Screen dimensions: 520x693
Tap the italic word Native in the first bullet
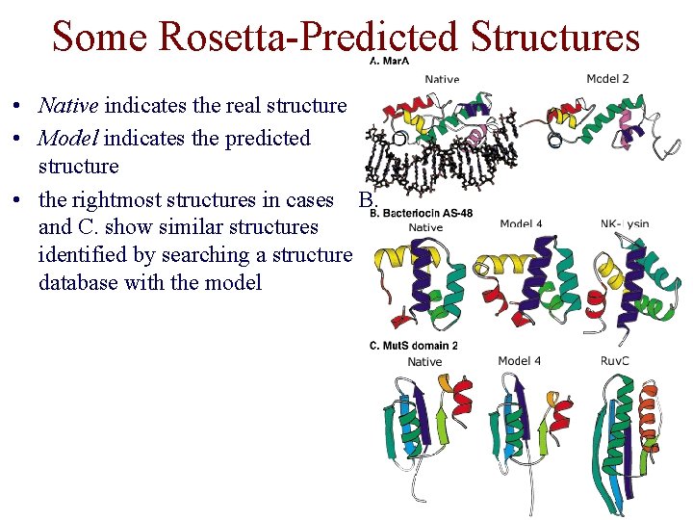pos(69,105)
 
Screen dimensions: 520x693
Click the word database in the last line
pos(81,282)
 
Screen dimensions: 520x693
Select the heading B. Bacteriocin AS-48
pos(422,214)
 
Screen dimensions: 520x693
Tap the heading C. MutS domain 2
pos(414,346)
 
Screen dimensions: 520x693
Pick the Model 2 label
pos(607,78)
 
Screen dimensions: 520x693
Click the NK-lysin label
pos(625,224)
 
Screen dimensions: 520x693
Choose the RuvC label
pos(615,360)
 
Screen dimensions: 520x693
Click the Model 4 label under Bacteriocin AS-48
pos(521,224)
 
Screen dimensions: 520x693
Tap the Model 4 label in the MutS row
pos(519,361)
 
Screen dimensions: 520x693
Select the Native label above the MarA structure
pos(442,79)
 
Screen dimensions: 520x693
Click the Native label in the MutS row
pos(424,362)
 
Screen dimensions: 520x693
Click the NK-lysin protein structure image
pos(629,279)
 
